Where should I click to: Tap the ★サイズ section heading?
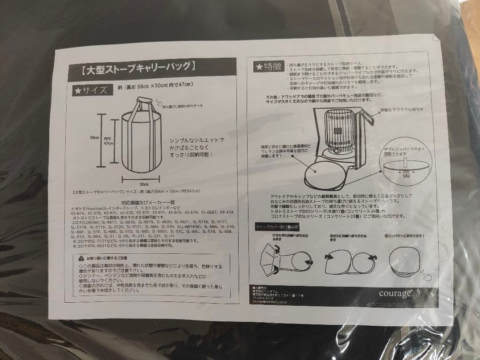coord(91,90)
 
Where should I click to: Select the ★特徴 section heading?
coord(268,67)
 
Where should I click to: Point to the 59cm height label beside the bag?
coord(94,138)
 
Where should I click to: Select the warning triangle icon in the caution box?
coord(80,258)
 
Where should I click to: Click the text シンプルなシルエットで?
coord(196,140)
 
